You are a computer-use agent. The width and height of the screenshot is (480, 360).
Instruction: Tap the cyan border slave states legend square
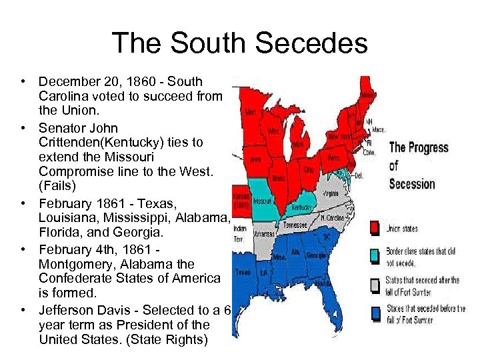pyautogui.click(x=375, y=255)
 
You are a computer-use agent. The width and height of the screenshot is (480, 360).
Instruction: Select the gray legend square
pyautogui.click(x=375, y=285)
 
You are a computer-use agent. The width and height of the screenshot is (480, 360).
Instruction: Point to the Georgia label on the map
pyautogui.click(x=315, y=255)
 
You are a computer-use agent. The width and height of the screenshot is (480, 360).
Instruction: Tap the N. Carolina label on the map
pyautogui.click(x=332, y=218)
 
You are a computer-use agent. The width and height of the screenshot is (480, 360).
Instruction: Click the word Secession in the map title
pyautogui.click(x=412, y=183)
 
